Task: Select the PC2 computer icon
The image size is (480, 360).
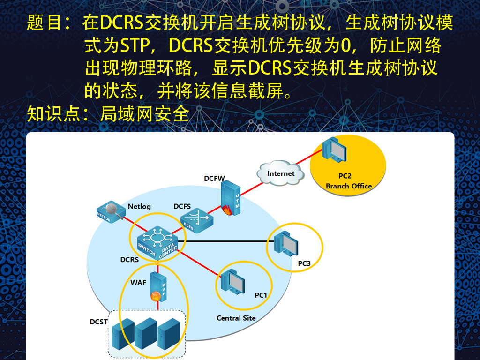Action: click(x=334, y=150)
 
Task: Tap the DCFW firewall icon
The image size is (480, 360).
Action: click(x=230, y=198)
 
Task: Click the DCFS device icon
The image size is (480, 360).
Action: click(x=196, y=220)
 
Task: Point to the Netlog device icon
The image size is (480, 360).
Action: click(x=111, y=211)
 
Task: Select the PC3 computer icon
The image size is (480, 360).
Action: click(x=286, y=244)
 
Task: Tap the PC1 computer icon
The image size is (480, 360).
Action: click(x=232, y=282)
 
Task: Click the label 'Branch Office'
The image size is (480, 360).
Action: click(x=349, y=186)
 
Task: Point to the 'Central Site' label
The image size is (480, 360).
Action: click(x=236, y=318)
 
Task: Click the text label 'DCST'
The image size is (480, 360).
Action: click(x=98, y=322)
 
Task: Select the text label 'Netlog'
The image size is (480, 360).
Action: click(x=139, y=207)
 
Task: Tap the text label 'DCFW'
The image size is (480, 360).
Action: click(x=214, y=179)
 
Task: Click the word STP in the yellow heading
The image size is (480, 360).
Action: click(x=135, y=45)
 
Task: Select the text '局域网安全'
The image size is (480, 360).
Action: click(x=144, y=114)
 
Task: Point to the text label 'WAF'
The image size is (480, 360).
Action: click(x=138, y=283)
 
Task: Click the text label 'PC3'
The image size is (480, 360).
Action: click(x=304, y=263)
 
